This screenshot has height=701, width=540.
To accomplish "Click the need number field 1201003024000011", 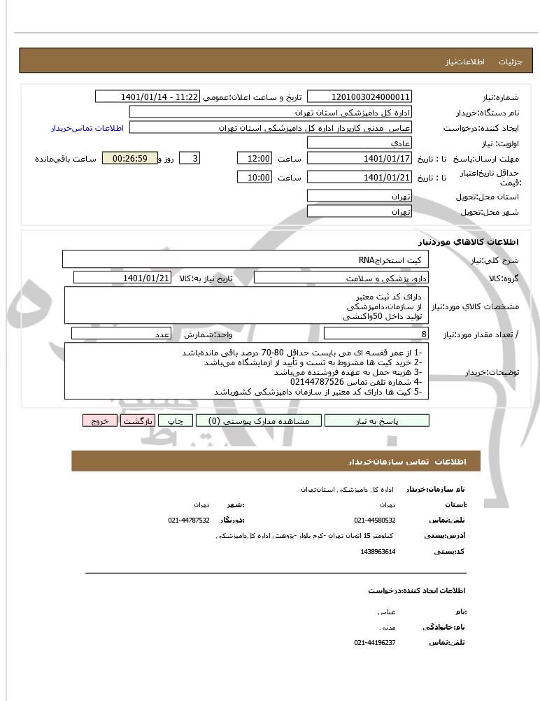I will click(x=360, y=97).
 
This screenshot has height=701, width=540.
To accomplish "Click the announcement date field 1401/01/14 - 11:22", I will click(x=147, y=97).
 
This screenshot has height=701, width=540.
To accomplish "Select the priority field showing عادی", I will click(x=360, y=143).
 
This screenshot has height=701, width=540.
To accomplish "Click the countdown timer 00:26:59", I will click(x=129, y=159).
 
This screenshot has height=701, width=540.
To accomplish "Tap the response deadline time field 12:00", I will click(x=255, y=159).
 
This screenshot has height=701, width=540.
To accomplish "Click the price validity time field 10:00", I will click(x=255, y=178).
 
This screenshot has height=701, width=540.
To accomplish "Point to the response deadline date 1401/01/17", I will click(x=360, y=159).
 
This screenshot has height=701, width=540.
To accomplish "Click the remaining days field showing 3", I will click(x=190, y=159).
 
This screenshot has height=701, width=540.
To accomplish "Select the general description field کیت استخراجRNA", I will click(x=245, y=260).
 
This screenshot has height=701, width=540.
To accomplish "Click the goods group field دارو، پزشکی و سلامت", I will click(x=341, y=278).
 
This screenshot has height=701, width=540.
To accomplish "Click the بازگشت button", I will click(x=138, y=420).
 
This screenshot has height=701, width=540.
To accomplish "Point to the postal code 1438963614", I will click(x=378, y=551).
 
